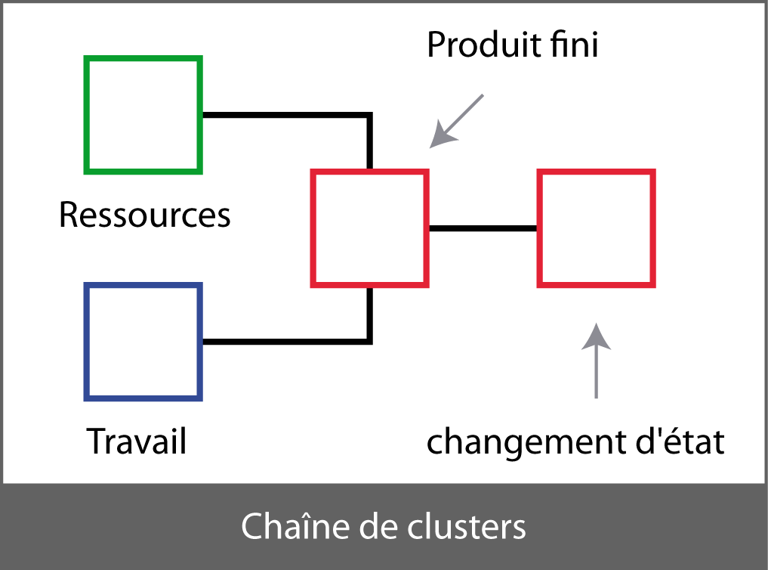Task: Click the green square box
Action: click(143, 114)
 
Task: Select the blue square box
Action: click(143, 341)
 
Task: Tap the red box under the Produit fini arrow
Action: click(370, 228)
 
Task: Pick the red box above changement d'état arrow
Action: click(596, 228)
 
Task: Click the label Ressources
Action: click(144, 215)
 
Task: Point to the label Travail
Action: click(137, 441)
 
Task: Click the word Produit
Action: click(480, 45)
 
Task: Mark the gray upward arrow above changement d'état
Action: click(596, 363)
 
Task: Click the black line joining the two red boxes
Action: click(483, 228)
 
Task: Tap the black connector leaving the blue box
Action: click(287, 341)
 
